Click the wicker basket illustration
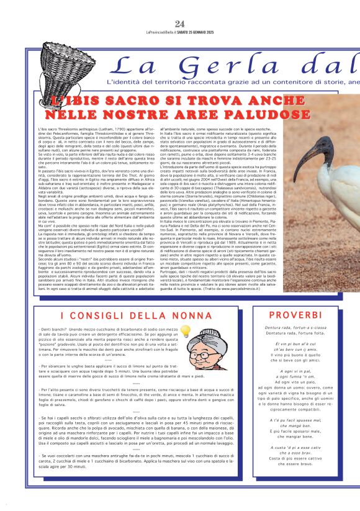[61, 58]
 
